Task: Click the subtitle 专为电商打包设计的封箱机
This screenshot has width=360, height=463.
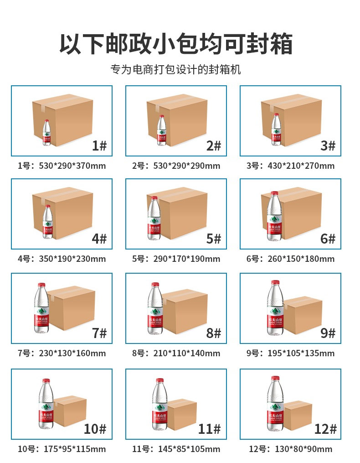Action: click(x=176, y=70)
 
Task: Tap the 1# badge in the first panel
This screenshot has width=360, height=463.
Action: click(x=99, y=146)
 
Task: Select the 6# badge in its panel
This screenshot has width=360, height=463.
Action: click(x=328, y=239)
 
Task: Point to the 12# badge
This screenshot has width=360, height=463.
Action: click(x=325, y=429)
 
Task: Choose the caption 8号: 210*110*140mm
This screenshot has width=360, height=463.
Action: click(x=176, y=354)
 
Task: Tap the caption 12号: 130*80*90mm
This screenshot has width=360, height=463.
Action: click(x=291, y=449)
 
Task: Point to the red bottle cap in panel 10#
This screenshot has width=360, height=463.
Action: click(x=46, y=381)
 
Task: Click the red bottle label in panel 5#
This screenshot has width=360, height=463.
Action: click(x=154, y=228)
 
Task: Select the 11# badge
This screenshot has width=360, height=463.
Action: click(x=210, y=429)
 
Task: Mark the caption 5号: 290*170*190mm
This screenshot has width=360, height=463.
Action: click(x=176, y=259)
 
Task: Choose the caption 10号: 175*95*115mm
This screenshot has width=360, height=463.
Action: click(x=62, y=449)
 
